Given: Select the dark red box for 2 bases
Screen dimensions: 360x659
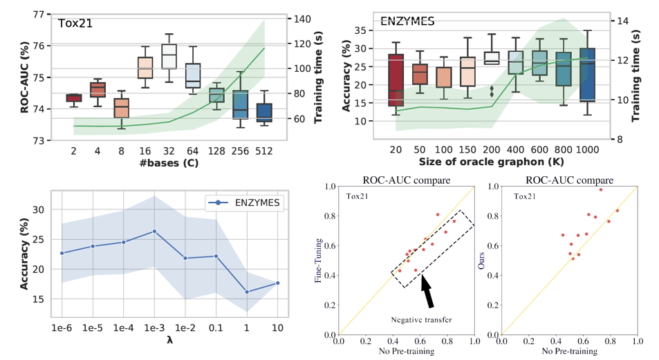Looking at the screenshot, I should point(74,97).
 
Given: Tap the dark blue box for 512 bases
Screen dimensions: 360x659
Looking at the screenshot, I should point(263,113).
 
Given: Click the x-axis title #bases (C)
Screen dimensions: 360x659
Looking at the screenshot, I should point(168,162).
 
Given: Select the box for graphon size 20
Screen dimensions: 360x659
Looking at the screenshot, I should point(396,79).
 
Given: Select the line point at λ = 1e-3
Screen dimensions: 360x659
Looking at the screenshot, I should point(154,231).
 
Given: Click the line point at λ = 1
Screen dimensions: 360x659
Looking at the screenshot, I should point(247,292).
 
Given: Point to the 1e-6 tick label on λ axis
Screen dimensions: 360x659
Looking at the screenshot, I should point(62,328).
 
